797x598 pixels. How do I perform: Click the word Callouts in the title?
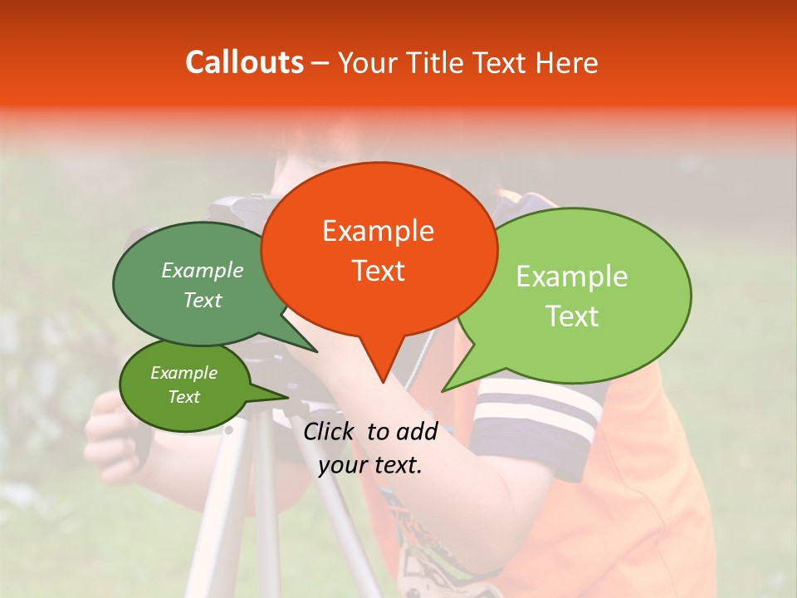pos(245,62)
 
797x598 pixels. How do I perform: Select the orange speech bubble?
pos(379,249)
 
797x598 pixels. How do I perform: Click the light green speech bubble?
pos(573,295)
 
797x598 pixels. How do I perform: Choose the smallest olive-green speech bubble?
pos(184,385)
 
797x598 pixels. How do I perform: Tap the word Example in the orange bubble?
pos(379,231)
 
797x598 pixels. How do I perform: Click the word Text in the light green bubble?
pos(572,316)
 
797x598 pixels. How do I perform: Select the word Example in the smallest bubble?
pos(184,374)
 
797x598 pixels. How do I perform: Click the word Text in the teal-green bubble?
pos(203,301)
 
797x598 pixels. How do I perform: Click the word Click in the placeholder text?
pos(330,431)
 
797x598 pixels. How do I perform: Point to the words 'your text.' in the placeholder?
pos(370,466)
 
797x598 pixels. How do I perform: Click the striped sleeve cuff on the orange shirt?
pos(535,415)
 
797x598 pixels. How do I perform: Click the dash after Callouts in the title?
pos(320,62)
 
